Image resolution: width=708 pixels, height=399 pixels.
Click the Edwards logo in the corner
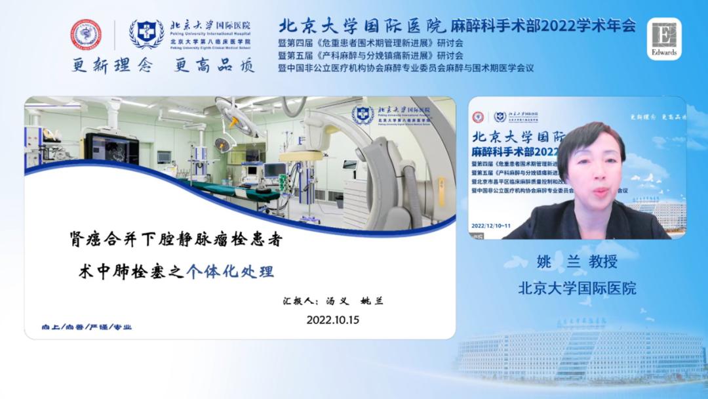(x=665, y=39)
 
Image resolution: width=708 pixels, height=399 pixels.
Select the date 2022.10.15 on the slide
(x=333, y=320)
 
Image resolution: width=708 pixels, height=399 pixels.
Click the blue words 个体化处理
(x=229, y=271)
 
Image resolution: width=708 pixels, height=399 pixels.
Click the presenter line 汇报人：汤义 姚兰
(x=331, y=301)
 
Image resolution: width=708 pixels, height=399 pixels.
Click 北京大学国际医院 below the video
(x=577, y=287)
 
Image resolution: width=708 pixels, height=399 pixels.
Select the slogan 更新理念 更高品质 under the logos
(x=163, y=66)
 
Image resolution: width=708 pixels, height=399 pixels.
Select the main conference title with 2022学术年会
(x=457, y=26)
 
